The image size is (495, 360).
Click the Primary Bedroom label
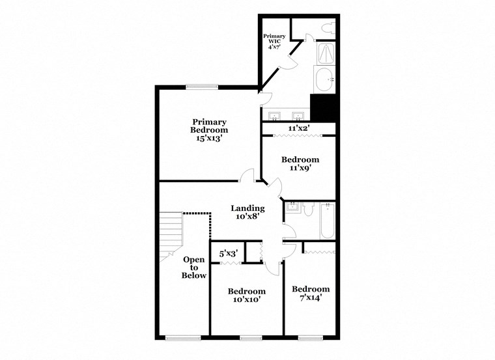coord(208,126)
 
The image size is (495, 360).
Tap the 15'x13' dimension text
coord(208,138)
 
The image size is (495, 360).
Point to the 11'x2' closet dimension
coord(298,128)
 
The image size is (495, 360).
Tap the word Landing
coord(247,208)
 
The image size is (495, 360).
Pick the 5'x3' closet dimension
coord(228,253)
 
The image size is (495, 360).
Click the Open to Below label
coord(193,268)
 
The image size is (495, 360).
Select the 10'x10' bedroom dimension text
coord(246,301)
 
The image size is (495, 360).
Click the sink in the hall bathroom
coord(292,209)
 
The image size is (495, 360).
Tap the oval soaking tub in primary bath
coord(324,80)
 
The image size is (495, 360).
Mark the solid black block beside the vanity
coord(323,107)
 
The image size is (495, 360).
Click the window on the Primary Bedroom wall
coord(202,87)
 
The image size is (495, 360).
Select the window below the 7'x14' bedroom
coord(311,337)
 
